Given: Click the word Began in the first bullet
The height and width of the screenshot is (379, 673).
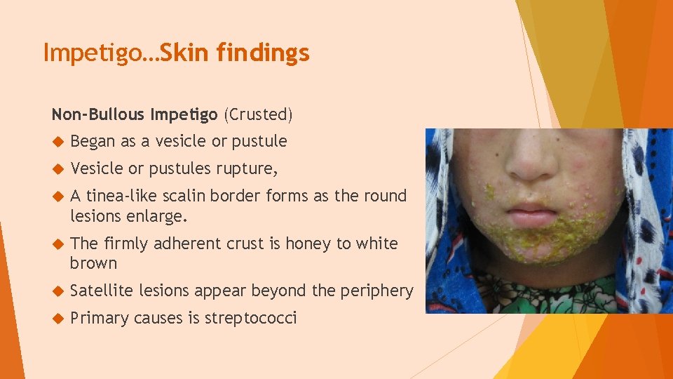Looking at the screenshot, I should point(93,141).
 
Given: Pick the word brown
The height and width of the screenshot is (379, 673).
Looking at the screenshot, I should point(93,263).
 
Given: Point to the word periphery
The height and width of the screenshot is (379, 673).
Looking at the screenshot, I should point(379,291).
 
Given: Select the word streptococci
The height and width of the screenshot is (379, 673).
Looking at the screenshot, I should point(251,318).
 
